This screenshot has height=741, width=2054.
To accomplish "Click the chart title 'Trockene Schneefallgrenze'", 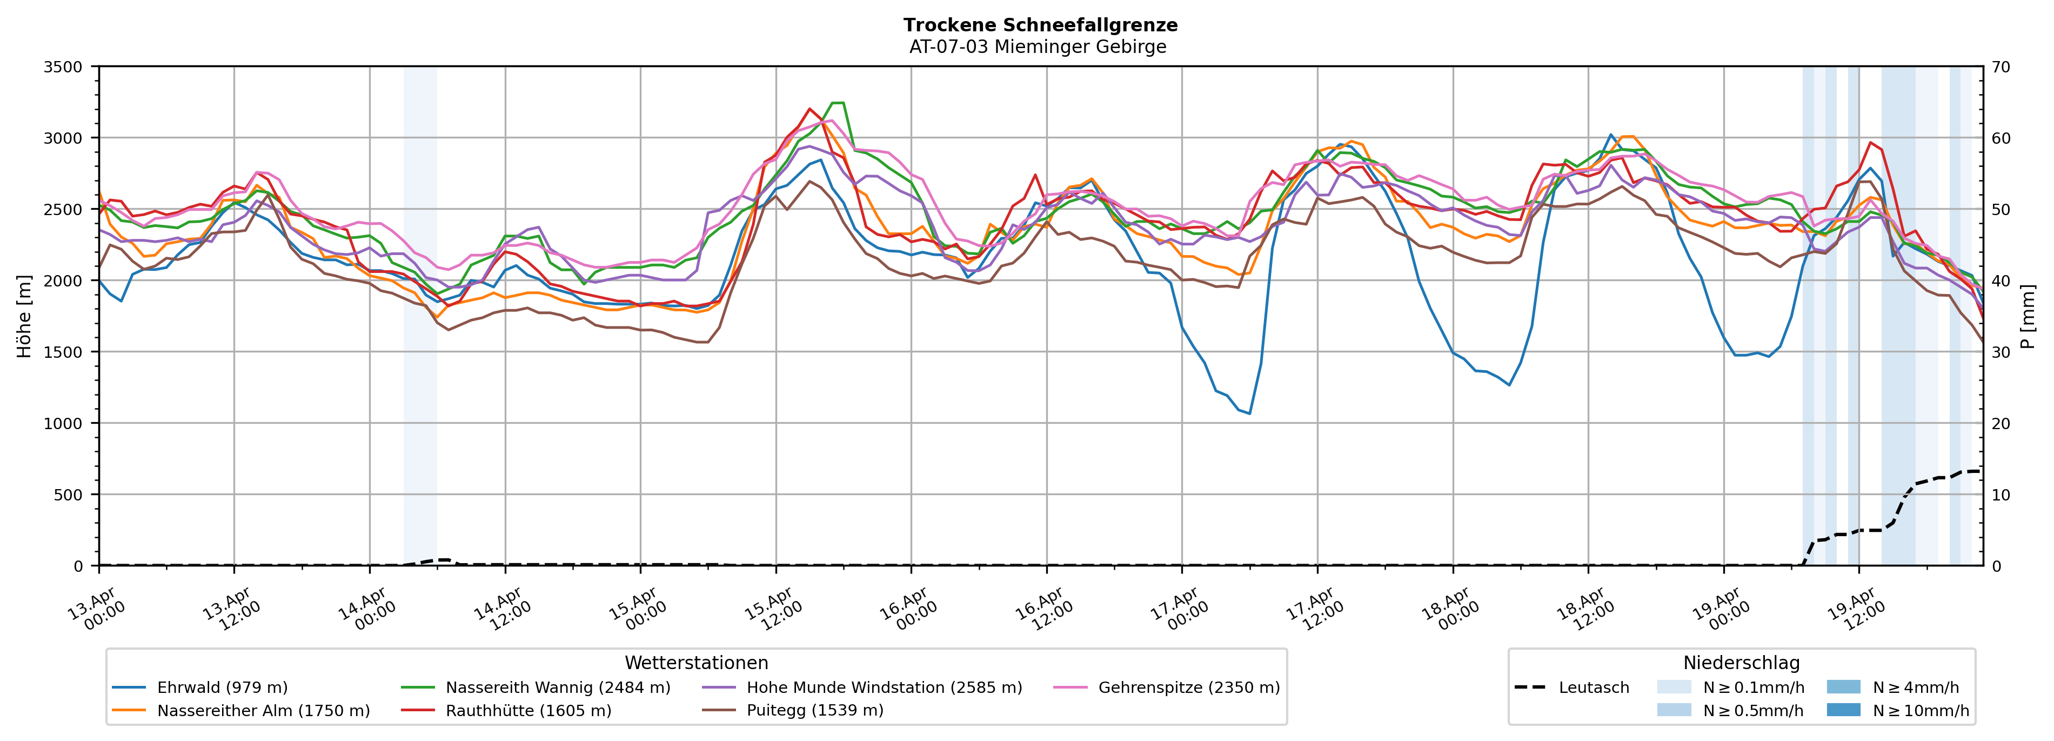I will (x=1040, y=25).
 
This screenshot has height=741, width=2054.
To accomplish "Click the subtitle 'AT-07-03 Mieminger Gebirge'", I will (x=1038, y=47).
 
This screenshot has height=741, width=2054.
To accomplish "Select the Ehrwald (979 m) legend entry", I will (x=222, y=687).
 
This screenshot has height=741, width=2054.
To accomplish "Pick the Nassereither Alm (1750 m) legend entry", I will (x=263, y=711).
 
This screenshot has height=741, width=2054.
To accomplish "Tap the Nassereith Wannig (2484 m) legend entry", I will (x=557, y=687).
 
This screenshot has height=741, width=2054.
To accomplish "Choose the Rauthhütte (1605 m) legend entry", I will (x=528, y=711).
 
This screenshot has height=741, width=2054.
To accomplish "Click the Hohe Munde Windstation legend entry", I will (x=884, y=687).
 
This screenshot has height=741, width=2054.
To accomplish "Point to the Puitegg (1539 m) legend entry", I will (x=814, y=711).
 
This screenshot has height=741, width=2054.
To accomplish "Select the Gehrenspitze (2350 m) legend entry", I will (x=1188, y=687).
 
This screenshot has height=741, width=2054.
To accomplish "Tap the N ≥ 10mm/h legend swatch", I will (x=1843, y=710).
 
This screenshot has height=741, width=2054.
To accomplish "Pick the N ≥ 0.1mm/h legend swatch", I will (x=1674, y=687).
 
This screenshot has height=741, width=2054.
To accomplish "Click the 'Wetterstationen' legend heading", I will (x=696, y=663).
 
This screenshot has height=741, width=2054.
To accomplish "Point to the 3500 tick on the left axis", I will (x=63, y=67).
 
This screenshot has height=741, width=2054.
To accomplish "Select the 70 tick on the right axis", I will (x=2001, y=67).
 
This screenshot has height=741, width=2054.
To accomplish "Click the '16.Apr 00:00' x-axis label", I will (x=909, y=610).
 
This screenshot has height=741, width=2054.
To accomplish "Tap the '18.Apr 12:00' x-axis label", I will (x=1586, y=610).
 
